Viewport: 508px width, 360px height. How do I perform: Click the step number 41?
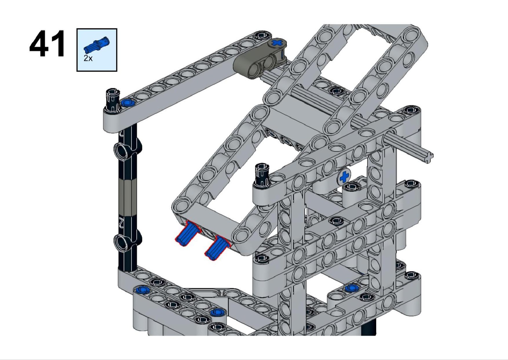coord(47,44)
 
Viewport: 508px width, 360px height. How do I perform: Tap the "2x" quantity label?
coord(88,58)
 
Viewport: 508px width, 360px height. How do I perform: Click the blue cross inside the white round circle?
coord(344,177)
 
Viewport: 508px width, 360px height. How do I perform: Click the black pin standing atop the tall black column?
coord(112,100)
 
